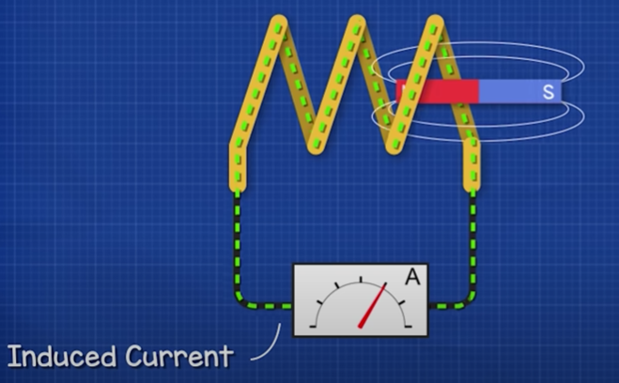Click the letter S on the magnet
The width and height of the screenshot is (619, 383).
pyautogui.click(x=548, y=92)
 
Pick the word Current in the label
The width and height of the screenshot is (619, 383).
pyautogui.click(x=178, y=357)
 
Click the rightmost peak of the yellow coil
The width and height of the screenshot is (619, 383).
pyautogui.click(x=434, y=23)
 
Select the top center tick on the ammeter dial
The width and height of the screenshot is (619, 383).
pyautogui.click(x=361, y=278)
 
